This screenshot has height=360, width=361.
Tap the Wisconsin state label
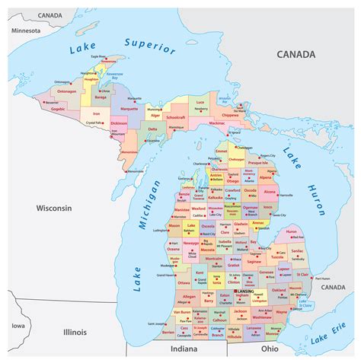pyautogui.click(x=55, y=208)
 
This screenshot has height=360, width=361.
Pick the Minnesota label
pyautogui.click(x=25, y=30)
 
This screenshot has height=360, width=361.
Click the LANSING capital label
pyautogui.click(x=245, y=291)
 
